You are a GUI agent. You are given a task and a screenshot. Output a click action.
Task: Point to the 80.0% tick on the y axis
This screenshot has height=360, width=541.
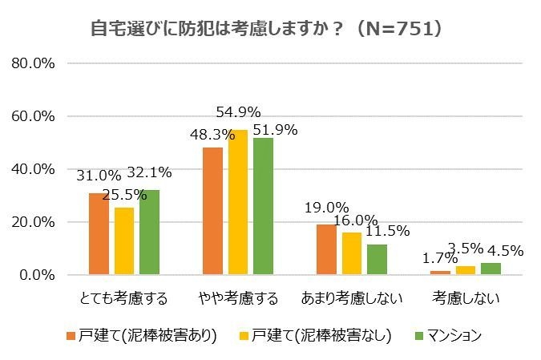point(34,63)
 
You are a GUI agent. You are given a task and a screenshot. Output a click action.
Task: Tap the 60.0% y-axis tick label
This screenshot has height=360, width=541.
point(34,116)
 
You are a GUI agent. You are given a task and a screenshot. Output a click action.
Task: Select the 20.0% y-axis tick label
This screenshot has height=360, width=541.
point(34,222)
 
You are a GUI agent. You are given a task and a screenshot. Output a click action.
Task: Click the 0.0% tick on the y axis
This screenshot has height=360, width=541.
point(38,275)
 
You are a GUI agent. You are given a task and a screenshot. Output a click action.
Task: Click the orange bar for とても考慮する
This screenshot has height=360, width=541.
point(99,234)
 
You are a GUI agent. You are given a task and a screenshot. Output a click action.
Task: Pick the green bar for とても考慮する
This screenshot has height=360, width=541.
point(149,233)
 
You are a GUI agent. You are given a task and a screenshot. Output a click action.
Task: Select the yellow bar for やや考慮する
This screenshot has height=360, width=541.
point(238,202)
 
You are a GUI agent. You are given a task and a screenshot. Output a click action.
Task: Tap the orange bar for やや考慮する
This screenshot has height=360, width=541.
point(212,211)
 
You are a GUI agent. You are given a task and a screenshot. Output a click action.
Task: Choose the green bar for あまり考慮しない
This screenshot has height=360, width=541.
point(377,260)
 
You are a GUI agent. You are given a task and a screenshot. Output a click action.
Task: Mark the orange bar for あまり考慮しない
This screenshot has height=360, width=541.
point(326,249)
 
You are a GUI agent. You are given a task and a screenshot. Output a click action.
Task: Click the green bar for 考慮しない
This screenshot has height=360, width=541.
point(491,269)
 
